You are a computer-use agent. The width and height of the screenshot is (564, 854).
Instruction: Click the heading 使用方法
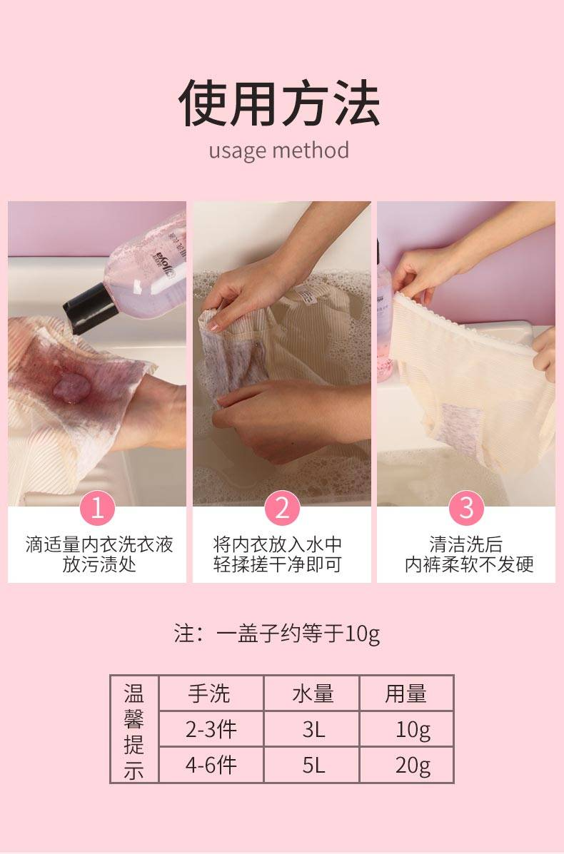click(x=279, y=103)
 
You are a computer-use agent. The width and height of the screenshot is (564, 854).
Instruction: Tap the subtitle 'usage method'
click(x=279, y=151)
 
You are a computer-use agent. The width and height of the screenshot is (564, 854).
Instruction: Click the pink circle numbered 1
click(x=97, y=507)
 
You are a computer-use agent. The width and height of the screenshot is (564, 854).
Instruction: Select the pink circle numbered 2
click(x=282, y=507)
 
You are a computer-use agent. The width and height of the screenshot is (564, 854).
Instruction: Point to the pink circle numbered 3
click(x=466, y=507)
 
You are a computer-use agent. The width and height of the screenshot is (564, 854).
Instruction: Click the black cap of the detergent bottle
click(x=87, y=308)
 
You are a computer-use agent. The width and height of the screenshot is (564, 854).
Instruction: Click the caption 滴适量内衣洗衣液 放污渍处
click(x=99, y=554)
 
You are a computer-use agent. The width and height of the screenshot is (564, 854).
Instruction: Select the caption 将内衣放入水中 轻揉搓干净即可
click(x=278, y=554)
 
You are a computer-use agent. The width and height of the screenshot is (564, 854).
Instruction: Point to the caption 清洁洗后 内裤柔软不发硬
click(x=468, y=554)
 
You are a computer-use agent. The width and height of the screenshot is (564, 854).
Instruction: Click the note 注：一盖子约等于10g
click(x=277, y=634)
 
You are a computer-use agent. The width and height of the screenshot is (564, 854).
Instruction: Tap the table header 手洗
click(x=209, y=694)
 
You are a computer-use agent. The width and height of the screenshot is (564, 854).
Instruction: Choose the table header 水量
click(x=313, y=694)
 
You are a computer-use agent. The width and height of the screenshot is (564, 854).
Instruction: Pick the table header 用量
click(x=406, y=694)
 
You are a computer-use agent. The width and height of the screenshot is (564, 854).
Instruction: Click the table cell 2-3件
click(x=211, y=729)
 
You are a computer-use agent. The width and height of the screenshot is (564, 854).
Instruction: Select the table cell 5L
click(x=314, y=766)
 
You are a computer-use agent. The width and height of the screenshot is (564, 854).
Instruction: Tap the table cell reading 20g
click(x=413, y=766)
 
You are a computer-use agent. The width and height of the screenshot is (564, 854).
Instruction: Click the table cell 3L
click(x=314, y=729)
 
